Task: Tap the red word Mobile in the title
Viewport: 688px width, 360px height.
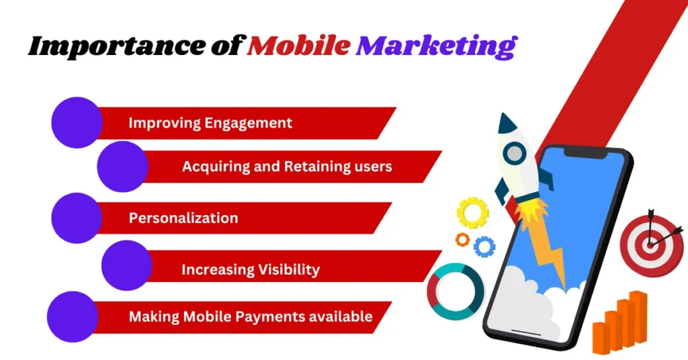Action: (299, 45)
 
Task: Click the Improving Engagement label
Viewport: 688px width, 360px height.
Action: (210, 123)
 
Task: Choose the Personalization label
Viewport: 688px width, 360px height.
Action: (183, 218)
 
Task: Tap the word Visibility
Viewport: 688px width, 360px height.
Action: (285, 269)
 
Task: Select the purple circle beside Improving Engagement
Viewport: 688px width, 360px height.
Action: (77, 122)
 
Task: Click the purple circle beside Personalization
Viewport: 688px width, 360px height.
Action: (77, 218)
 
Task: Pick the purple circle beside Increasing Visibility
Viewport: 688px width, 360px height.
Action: (127, 265)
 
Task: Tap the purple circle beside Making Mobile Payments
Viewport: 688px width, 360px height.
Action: (73, 316)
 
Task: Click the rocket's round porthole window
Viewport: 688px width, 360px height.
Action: (514, 154)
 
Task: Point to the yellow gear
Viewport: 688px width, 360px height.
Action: (472, 213)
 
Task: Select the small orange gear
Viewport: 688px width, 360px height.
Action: (462, 239)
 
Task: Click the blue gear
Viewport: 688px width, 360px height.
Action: (484, 246)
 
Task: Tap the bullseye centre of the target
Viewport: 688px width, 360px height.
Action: (650, 246)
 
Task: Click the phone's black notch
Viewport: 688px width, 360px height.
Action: (586, 152)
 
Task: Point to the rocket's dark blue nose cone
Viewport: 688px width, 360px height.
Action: (508, 124)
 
